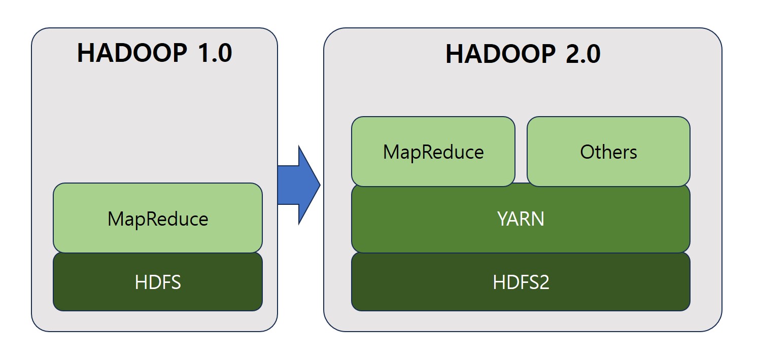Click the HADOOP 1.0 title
point(154,53)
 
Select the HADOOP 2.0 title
point(523,54)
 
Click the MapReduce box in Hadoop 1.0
point(158,218)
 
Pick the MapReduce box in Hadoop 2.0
point(433,152)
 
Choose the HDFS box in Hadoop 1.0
point(158,282)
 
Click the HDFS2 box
point(521,282)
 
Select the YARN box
point(521,219)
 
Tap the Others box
point(608,152)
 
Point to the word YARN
point(521,219)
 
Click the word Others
point(608,152)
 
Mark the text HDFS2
point(521,282)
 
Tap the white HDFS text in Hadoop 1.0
point(158,282)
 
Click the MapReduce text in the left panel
point(158,219)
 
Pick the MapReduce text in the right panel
point(433,152)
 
